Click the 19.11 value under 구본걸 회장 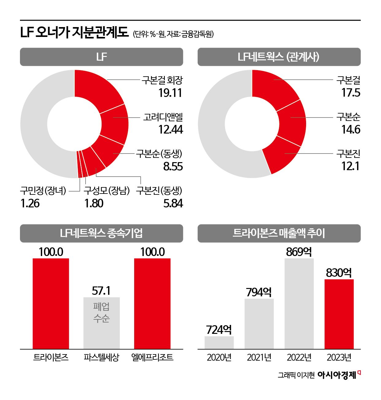point(170,93)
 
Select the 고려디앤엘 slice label point(163,117)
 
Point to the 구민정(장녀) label point(43,191)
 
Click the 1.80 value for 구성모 point(94,203)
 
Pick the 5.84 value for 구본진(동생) point(173,203)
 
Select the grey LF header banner point(101,57)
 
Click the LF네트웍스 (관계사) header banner point(279,57)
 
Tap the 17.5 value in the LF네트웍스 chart point(351,93)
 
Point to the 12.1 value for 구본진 point(350,166)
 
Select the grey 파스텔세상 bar point(102,323)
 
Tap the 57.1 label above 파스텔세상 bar point(101,290)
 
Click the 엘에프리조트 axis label point(152,357)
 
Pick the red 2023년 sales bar point(339,314)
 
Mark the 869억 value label point(299,252)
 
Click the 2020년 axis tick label point(219,358)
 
